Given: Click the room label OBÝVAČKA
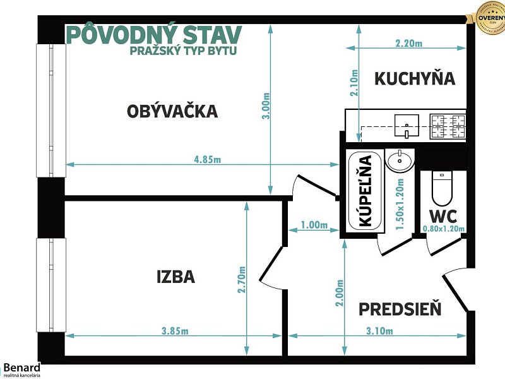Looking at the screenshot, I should (x=172, y=112).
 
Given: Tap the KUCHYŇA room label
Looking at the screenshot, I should (x=415, y=78).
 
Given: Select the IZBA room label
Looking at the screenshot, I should (x=175, y=277).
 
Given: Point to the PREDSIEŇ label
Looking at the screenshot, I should (x=400, y=310).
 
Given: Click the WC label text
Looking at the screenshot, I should (x=443, y=215).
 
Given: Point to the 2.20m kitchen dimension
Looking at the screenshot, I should (x=408, y=44).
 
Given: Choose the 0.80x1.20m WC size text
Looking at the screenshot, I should (x=444, y=229).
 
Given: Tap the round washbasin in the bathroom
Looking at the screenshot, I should (x=400, y=160).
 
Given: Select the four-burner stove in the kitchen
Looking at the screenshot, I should (x=448, y=126).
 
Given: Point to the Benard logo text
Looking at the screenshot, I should (x=22, y=366).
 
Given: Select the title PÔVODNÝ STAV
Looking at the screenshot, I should (x=153, y=34).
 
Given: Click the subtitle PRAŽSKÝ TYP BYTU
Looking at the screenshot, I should (x=183, y=51).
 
